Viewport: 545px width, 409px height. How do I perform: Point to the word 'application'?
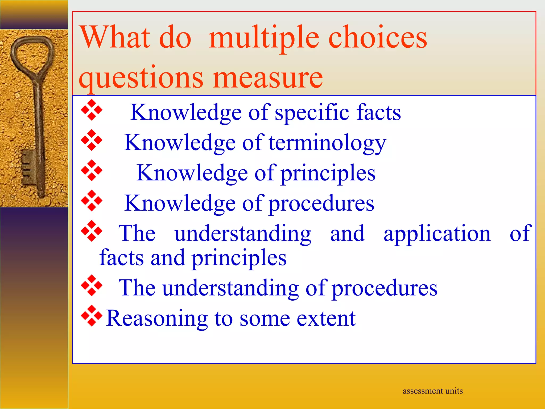pyautogui.click(x=437, y=234)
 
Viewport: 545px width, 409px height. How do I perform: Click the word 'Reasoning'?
pyautogui.click(x=157, y=318)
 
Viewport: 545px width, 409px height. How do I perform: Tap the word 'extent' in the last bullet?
pyautogui.click(x=326, y=318)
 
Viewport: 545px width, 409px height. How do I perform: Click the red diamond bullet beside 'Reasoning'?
pyautogui.click(x=92, y=316)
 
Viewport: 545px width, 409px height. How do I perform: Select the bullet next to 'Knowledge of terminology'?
pyautogui.click(x=92, y=140)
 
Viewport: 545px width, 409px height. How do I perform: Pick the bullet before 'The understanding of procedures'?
pyautogui.click(x=92, y=285)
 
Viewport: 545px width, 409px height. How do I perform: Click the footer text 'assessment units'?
pyautogui.click(x=432, y=391)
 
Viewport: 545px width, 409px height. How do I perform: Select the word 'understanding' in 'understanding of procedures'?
pyautogui.click(x=230, y=288)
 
